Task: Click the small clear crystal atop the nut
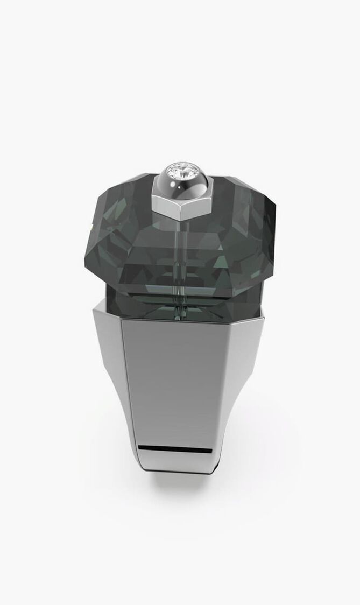[180, 171]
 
